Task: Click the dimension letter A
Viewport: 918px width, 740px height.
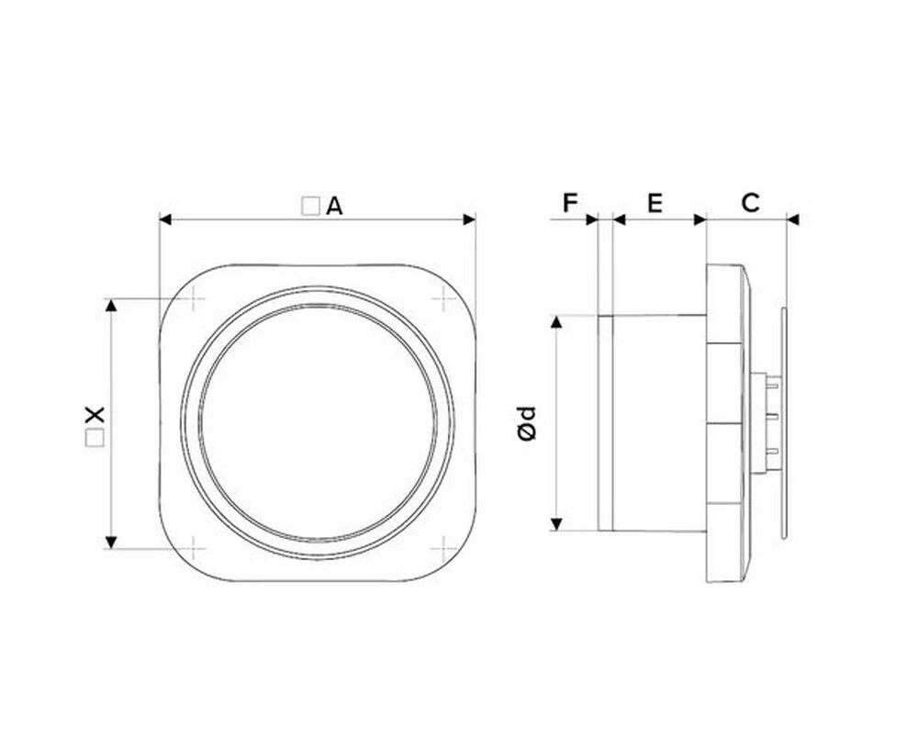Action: [334, 206]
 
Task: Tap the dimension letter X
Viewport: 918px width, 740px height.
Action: [95, 415]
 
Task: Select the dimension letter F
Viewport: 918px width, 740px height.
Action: [570, 203]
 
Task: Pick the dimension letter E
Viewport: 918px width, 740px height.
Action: [655, 203]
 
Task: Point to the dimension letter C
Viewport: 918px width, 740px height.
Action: [750, 203]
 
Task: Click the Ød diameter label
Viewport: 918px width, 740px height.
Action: [527, 422]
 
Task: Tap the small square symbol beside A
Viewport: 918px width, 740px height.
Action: [310, 206]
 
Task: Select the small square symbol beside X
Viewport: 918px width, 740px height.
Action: [95, 438]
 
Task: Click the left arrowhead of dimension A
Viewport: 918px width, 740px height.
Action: [165, 219]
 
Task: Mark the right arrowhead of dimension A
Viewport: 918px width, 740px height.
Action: [469, 219]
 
